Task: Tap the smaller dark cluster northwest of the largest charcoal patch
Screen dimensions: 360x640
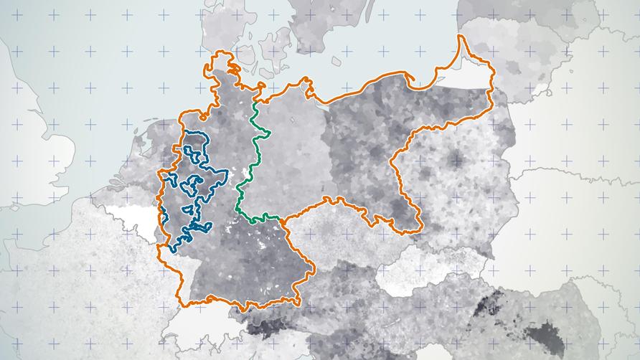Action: [488, 305]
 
